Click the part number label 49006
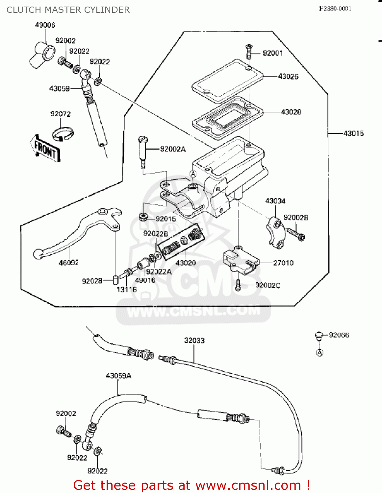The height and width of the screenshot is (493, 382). (45, 25)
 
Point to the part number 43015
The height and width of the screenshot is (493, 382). (354, 133)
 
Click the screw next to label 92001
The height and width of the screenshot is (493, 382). (249, 51)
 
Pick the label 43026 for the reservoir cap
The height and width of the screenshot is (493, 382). (288, 77)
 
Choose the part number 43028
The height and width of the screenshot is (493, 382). (291, 112)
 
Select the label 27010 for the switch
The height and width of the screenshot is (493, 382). (283, 263)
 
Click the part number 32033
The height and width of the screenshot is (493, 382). (194, 340)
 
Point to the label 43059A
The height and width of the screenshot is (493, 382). (118, 376)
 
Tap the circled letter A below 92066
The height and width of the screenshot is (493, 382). (319, 353)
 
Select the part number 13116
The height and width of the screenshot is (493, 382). (127, 290)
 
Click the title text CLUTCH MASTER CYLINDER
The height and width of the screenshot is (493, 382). (68, 10)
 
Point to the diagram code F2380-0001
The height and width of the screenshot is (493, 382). (335, 9)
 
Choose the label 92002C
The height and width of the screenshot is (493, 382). (268, 285)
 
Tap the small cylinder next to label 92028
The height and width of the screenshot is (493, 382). (115, 279)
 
